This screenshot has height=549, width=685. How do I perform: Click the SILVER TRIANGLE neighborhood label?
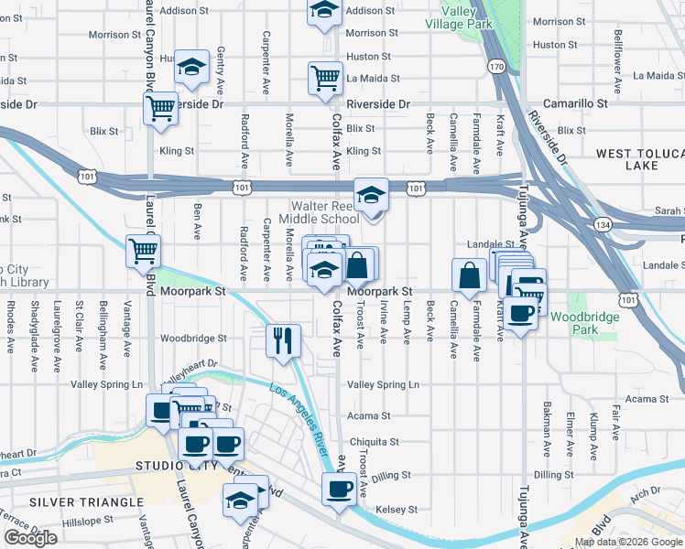click(x=73, y=502)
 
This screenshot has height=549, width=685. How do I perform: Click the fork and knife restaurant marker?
click(x=283, y=340)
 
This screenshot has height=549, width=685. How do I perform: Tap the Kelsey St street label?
click(x=395, y=510)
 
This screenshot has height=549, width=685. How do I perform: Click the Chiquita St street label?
click(x=374, y=442)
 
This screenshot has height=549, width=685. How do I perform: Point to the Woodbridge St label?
click(x=193, y=339)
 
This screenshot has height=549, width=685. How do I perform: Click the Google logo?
click(x=30, y=538)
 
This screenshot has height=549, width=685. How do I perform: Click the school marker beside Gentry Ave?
click(x=191, y=68)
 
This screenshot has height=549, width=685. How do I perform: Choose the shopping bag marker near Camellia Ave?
click(x=469, y=274)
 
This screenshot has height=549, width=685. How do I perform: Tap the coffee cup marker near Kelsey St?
click(x=339, y=490)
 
